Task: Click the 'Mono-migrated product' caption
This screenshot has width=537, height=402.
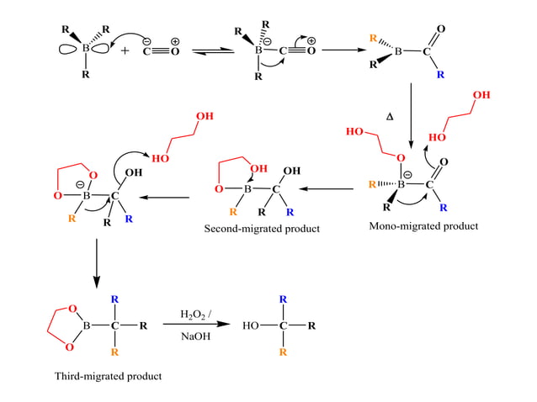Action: [423, 226]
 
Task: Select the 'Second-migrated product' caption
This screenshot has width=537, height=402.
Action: [262, 230]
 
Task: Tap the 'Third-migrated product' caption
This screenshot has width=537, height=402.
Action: [108, 375]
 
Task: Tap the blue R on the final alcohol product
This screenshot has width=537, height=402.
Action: [283, 299]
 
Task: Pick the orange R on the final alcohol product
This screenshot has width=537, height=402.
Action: [283, 352]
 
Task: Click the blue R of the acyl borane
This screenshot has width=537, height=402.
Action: [439, 75]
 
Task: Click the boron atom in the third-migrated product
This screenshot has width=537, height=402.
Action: [84, 325]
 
